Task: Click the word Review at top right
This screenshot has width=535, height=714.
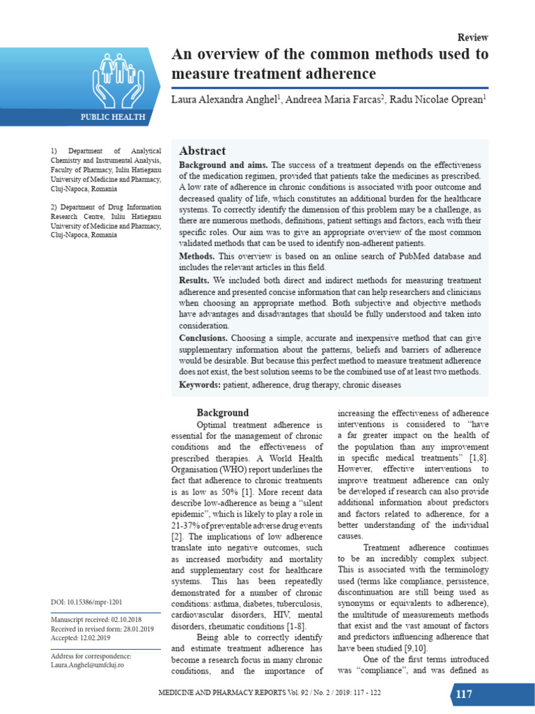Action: tap(472, 38)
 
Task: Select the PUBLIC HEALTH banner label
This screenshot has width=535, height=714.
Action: tap(112, 117)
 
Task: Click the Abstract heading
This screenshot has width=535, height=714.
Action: tap(202, 151)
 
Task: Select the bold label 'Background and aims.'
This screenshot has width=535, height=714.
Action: tap(224, 165)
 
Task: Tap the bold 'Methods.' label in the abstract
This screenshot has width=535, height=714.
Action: tap(197, 257)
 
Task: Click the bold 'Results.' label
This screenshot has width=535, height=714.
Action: tap(194, 280)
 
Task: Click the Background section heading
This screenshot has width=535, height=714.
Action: tap(222, 413)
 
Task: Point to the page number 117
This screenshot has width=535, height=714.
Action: tap(464, 694)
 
